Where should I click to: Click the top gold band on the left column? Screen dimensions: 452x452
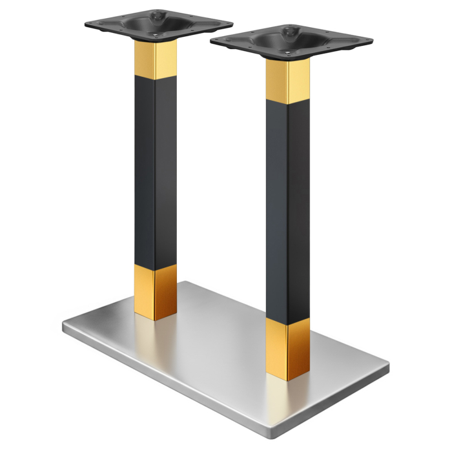tap(155, 59)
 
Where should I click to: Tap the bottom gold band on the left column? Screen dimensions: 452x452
tap(156, 290)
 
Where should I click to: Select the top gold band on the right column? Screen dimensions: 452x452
tap(287, 82)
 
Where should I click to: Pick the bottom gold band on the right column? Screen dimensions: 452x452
tap(287, 349)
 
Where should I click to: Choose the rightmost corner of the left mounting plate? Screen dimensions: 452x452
tap(231, 23)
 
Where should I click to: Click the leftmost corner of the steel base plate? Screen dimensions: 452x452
tap(64, 325)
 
